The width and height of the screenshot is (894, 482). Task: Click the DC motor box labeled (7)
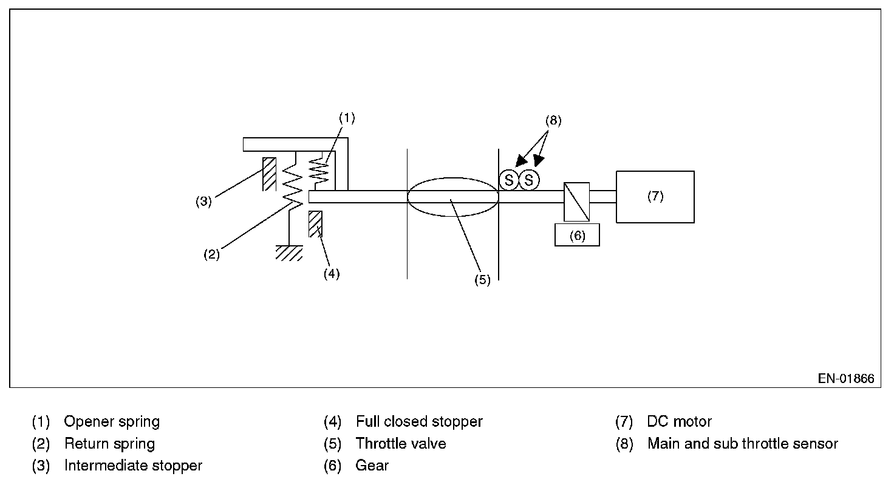click(655, 197)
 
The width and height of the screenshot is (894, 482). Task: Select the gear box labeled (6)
click(577, 235)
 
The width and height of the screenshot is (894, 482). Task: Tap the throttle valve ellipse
click(452, 196)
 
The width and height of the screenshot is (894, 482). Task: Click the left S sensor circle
click(509, 180)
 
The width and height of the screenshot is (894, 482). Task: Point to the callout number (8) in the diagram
click(553, 120)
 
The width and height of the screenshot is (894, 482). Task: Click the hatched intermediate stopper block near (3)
click(269, 174)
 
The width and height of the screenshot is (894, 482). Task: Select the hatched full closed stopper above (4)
click(315, 223)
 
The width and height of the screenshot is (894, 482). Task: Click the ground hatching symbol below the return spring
click(290, 253)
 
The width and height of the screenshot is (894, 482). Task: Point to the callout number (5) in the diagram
click(482, 280)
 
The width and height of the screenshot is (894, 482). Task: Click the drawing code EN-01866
click(846, 379)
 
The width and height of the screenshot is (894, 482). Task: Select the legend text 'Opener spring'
click(112, 421)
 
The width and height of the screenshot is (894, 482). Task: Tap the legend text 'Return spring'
click(109, 444)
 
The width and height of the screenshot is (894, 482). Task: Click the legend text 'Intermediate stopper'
click(133, 466)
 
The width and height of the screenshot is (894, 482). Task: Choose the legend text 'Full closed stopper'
click(419, 421)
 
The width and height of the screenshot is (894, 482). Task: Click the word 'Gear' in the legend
click(372, 466)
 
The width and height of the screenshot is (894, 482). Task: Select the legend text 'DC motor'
click(679, 421)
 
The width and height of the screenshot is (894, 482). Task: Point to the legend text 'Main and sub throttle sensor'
click(742, 444)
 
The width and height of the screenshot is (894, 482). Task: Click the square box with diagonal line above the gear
click(576, 202)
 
